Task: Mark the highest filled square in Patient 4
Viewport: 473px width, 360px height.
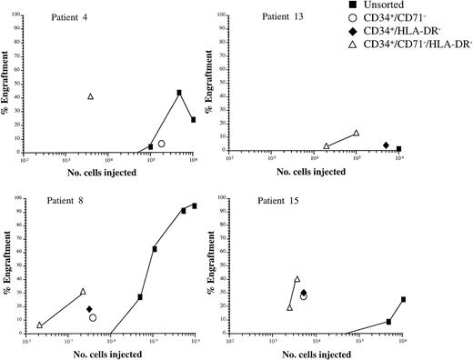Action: click(x=179, y=93)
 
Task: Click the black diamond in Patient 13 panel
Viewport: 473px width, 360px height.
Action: click(x=386, y=145)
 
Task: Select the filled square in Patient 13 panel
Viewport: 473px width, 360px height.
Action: click(x=398, y=148)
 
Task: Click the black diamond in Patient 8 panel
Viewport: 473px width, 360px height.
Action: click(x=89, y=309)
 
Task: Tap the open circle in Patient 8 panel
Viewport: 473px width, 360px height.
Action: click(x=93, y=318)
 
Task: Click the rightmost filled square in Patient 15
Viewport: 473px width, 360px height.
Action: click(x=403, y=299)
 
